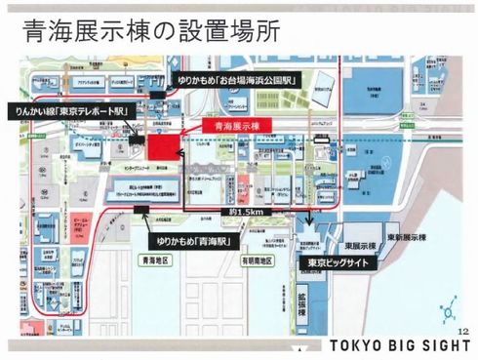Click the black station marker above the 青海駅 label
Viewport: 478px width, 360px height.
click(x=142, y=209)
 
